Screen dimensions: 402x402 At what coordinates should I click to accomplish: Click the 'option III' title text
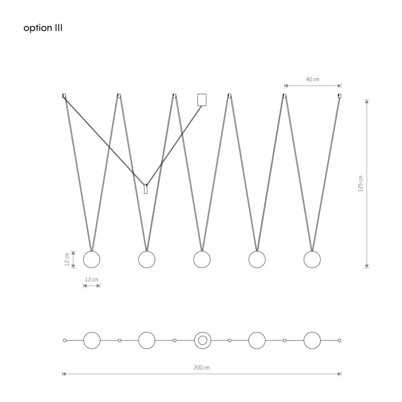click(x=43, y=28)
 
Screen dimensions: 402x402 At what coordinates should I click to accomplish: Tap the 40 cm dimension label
click(x=312, y=80)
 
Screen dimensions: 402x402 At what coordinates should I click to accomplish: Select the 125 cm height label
click(x=361, y=184)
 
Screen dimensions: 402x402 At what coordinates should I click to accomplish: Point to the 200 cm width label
click(x=201, y=368)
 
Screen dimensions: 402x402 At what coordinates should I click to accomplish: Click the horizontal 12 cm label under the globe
click(x=92, y=279)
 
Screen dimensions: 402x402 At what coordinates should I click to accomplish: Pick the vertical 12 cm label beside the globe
click(x=67, y=259)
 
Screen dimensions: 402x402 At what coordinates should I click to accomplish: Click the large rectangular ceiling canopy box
click(x=202, y=100)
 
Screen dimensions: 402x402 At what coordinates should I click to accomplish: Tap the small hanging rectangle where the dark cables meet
click(x=146, y=189)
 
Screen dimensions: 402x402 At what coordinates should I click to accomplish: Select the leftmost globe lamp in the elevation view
click(x=92, y=259)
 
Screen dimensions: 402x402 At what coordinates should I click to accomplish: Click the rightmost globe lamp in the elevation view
click(x=312, y=259)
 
